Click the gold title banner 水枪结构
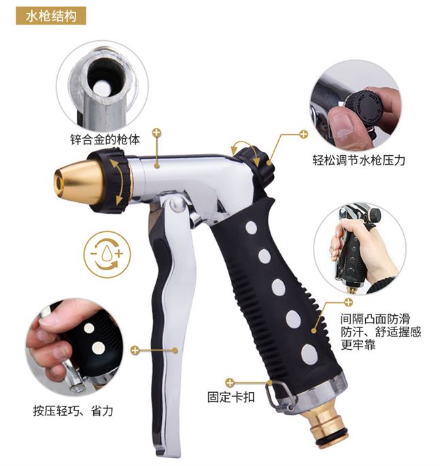(51, 16)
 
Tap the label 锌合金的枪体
(105, 140)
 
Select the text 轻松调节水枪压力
(359, 160)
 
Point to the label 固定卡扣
(231, 397)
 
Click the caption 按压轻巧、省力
(73, 411)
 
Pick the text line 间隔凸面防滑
(375, 319)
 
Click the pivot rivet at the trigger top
(177, 205)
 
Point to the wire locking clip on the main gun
(277, 396)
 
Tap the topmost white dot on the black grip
(252, 228)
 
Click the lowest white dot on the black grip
(309, 354)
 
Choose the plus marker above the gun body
(156, 133)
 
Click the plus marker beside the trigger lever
(135, 350)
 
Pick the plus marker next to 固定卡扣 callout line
(230, 383)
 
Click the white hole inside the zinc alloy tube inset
(101, 88)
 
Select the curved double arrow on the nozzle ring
(118, 182)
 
